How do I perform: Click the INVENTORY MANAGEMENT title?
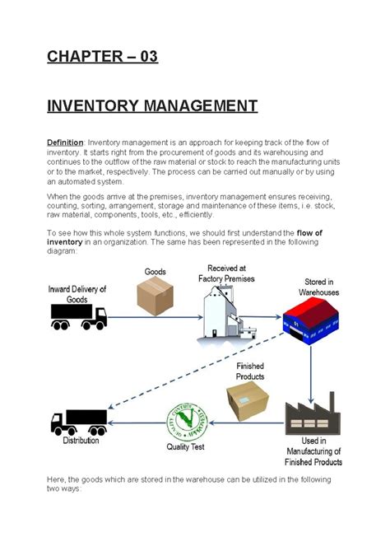(152, 106)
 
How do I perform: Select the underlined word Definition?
(65, 142)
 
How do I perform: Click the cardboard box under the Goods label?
(155, 296)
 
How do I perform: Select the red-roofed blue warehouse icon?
(310, 322)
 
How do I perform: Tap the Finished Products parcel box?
(248, 401)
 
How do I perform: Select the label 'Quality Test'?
(186, 447)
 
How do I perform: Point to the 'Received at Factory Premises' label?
(230, 273)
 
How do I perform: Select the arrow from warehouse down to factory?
(310, 367)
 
